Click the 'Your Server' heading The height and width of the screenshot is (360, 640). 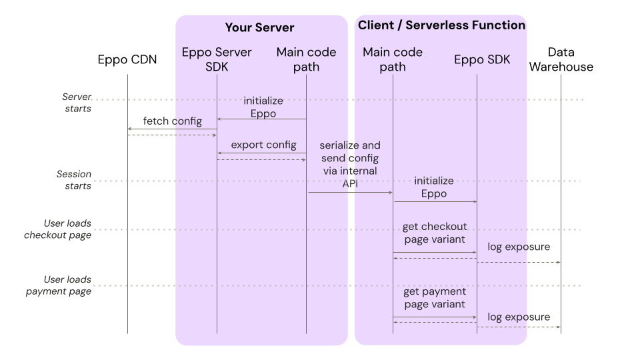(x=259, y=27)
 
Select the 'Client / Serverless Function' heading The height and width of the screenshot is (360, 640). (x=441, y=25)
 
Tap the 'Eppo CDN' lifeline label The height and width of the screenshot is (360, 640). (x=127, y=60)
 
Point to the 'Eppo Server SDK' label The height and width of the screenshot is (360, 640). (x=217, y=59)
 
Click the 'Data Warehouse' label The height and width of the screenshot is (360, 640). (x=561, y=59)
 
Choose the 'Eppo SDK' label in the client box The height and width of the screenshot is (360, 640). (x=482, y=59)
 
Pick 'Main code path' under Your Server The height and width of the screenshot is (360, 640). (x=306, y=59)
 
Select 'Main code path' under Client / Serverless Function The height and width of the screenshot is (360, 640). (x=393, y=59)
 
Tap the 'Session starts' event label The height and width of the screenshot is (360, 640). (x=74, y=180)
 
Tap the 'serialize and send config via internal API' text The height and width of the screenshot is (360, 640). (x=350, y=163)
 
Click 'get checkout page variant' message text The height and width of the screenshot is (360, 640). (x=435, y=233)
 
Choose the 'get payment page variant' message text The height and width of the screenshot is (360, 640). (x=435, y=298)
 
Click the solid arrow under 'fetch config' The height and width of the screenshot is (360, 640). (x=172, y=129)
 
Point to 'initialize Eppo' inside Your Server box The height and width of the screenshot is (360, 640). (x=263, y=107)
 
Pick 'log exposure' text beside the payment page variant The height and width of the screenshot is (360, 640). (x=519, y=317)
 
